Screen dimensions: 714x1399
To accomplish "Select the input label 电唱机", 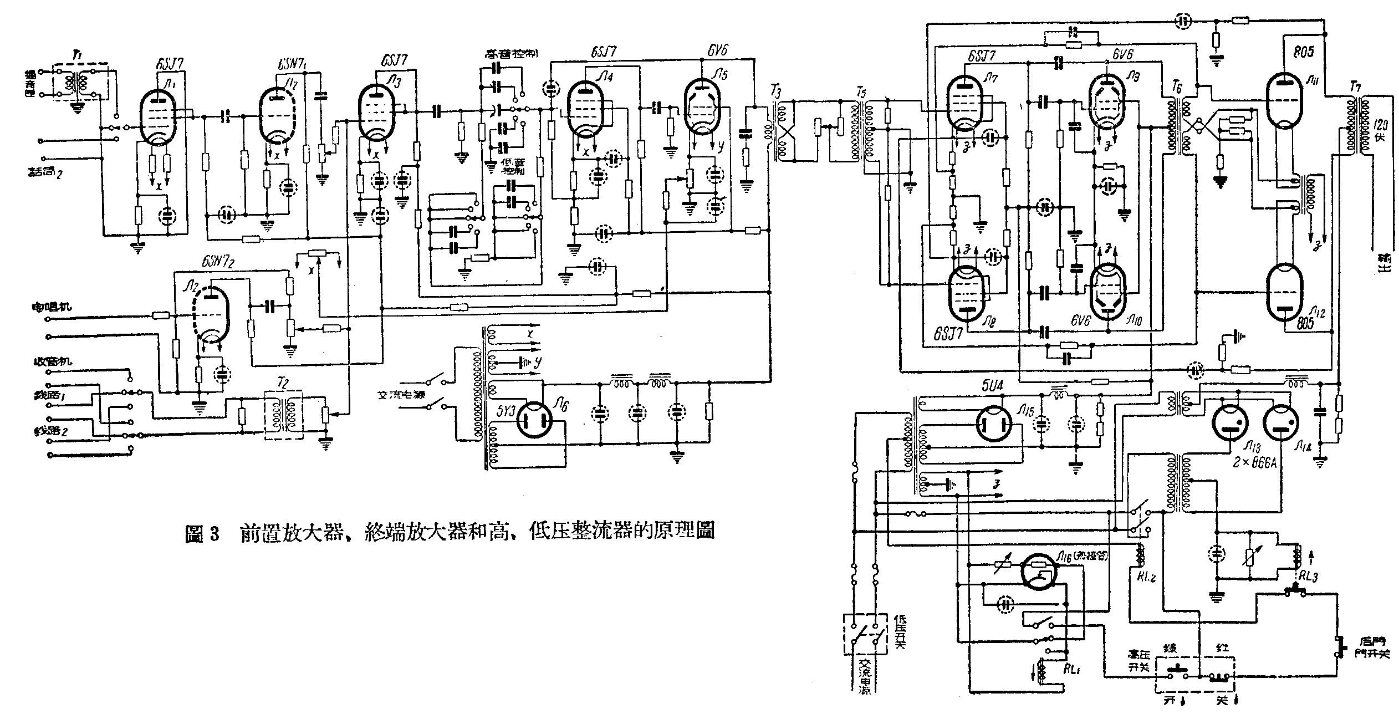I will point(52,306).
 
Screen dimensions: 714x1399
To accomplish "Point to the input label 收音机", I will point(52,361).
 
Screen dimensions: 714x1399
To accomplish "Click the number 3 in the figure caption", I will point(215,533).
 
